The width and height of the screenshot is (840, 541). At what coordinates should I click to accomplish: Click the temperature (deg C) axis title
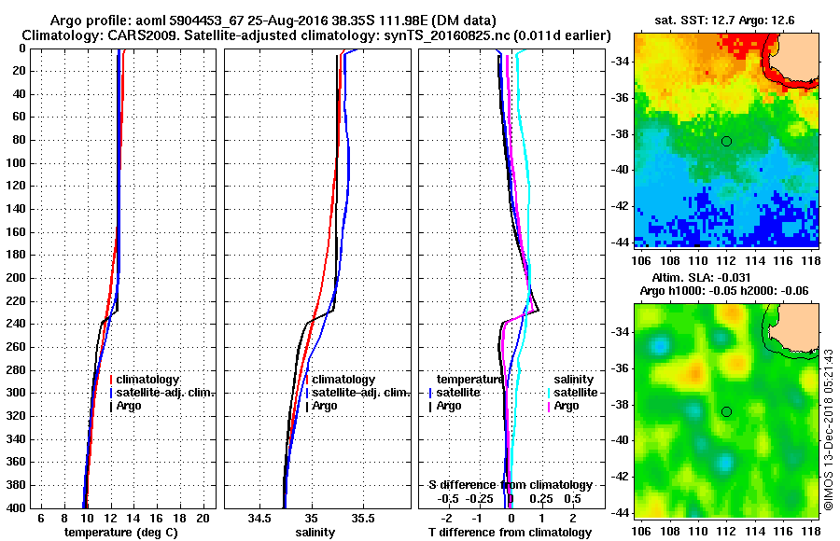pos(121,533)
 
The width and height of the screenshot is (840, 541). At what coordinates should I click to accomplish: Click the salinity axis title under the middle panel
pos(315,533)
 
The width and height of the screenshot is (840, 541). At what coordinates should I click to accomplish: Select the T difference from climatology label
pos(510,533)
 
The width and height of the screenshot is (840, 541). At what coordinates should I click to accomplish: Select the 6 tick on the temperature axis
pos(40,518)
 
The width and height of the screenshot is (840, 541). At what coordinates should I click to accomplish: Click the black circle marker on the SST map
pos(726,141)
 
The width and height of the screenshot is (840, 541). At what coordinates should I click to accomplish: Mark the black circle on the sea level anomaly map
pos(726,411)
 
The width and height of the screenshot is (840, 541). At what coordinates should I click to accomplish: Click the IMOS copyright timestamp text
pos(829,429)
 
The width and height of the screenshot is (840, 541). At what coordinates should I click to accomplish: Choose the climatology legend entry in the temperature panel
pos(149,381)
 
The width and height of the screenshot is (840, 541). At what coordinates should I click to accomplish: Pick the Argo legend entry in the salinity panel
pos(325,407)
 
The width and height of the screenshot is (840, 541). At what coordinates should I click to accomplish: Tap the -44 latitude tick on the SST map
pos(620,242)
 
